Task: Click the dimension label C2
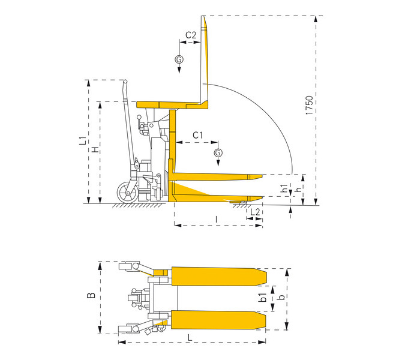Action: click(x=191, y=35)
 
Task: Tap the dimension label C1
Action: click(x=197, y=135)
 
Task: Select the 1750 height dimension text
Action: click(x=310, y=105)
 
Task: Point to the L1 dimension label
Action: click(x=83, y=140)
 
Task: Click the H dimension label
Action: click(x=95, y=149)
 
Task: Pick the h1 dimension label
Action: click(x=284, y=188)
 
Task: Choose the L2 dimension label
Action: click(x=255, y=212)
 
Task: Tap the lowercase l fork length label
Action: click(x=217, y=219)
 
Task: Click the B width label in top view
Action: click(x=91, y=295)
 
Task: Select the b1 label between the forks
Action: click(x=263, y=298)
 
